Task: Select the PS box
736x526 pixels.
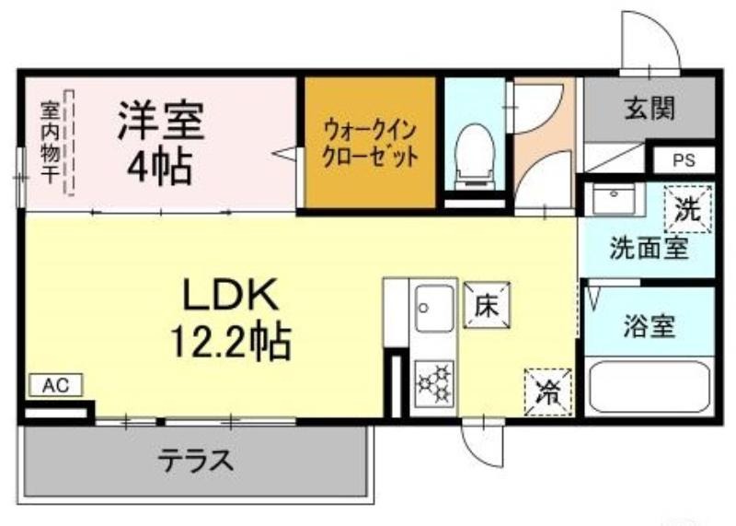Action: (x=683, y=160)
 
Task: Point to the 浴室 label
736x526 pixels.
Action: (x=650, y=327)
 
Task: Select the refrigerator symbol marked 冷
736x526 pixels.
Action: (x=548, y=392)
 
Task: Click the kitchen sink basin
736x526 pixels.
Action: (x=432, y=308)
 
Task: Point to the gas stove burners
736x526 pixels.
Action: (x=433, y=382)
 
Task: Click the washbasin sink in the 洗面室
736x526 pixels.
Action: (x=609, y=199)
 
